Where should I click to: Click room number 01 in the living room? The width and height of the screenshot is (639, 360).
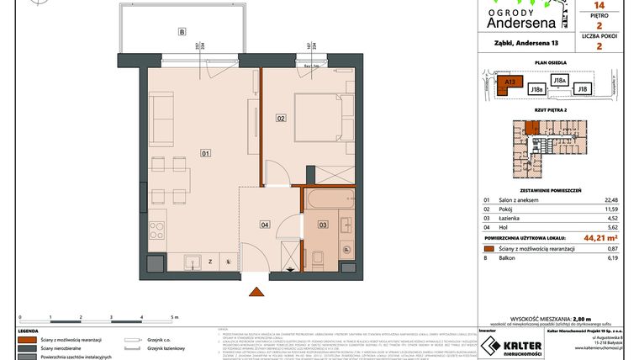click(x=204, y=153)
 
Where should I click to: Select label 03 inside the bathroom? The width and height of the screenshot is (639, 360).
click(x=322, y=225)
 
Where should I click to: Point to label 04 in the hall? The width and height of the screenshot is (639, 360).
click(x=264, y=225)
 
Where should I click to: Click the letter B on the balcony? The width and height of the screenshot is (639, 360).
click(x=181, y=33)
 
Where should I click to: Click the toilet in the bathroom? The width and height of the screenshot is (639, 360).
click(x=318, y=257)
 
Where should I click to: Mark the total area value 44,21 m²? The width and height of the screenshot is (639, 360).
click(x=606, y=237)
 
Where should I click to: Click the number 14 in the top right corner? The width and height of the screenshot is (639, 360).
click(x=599, y=4)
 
